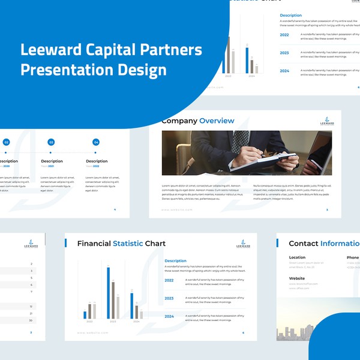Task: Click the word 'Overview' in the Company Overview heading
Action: coord(217,121)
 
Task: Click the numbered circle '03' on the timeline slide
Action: coord(51,142)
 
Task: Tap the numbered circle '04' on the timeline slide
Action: coord(96,142)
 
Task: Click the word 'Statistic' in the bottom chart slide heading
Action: coord(128,244)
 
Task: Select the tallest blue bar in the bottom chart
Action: coord(109,292)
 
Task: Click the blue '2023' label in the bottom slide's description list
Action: coord(169,298)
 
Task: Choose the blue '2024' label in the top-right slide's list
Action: coord(284,71)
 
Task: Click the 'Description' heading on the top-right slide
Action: coord(291,15)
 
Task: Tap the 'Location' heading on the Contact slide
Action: coord(297,257)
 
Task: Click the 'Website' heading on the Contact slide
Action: coord(297,278)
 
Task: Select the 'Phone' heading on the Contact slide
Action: coord(352,257)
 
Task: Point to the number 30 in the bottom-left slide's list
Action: coord(31,320)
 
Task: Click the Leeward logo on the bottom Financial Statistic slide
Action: coord(244,244)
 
